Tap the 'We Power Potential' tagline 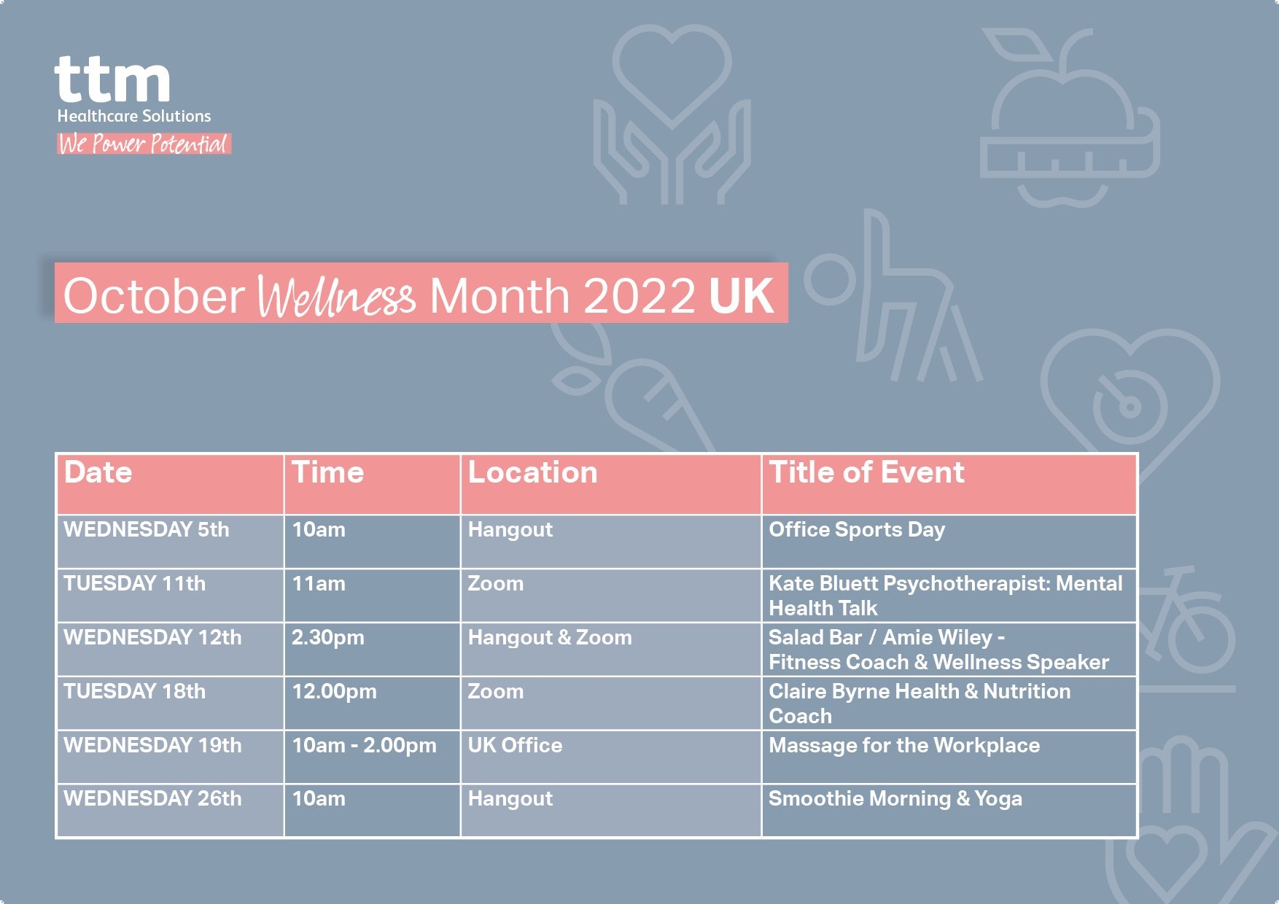pyautogui.click(x=144, y=144)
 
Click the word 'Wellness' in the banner pyautogui.click(x=337, y=296)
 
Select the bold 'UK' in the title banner pyautogui.click(x=741, y=295)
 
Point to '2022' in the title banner pyautogui.click(x=639, y=296)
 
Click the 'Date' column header pyautogui.click(x=98, y=472)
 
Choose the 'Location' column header pyautogui.click(x=532, y=472)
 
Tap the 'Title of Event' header pyautogui.click(x=866, y=472)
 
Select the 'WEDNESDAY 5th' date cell pyautogui.click(x=147, y=529)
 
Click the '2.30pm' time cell pyautogui.click(x=327, y=638)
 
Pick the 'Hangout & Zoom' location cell pyautogui.click(x=550, y=638)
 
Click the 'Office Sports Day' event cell pyautogui.click(x=857, y=530)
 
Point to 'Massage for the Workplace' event pyautogui.click(x=904, y=745)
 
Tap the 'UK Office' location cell pyautogui.click(x=515, y=745)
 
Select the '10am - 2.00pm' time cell pyautogui.click(x=364, y=746)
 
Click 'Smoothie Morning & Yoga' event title pyautogui.click(x=895, y=799)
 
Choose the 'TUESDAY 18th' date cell pyautogui.click(x=135, y=691)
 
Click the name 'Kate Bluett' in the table pyautogui.click(x=823, y=583)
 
